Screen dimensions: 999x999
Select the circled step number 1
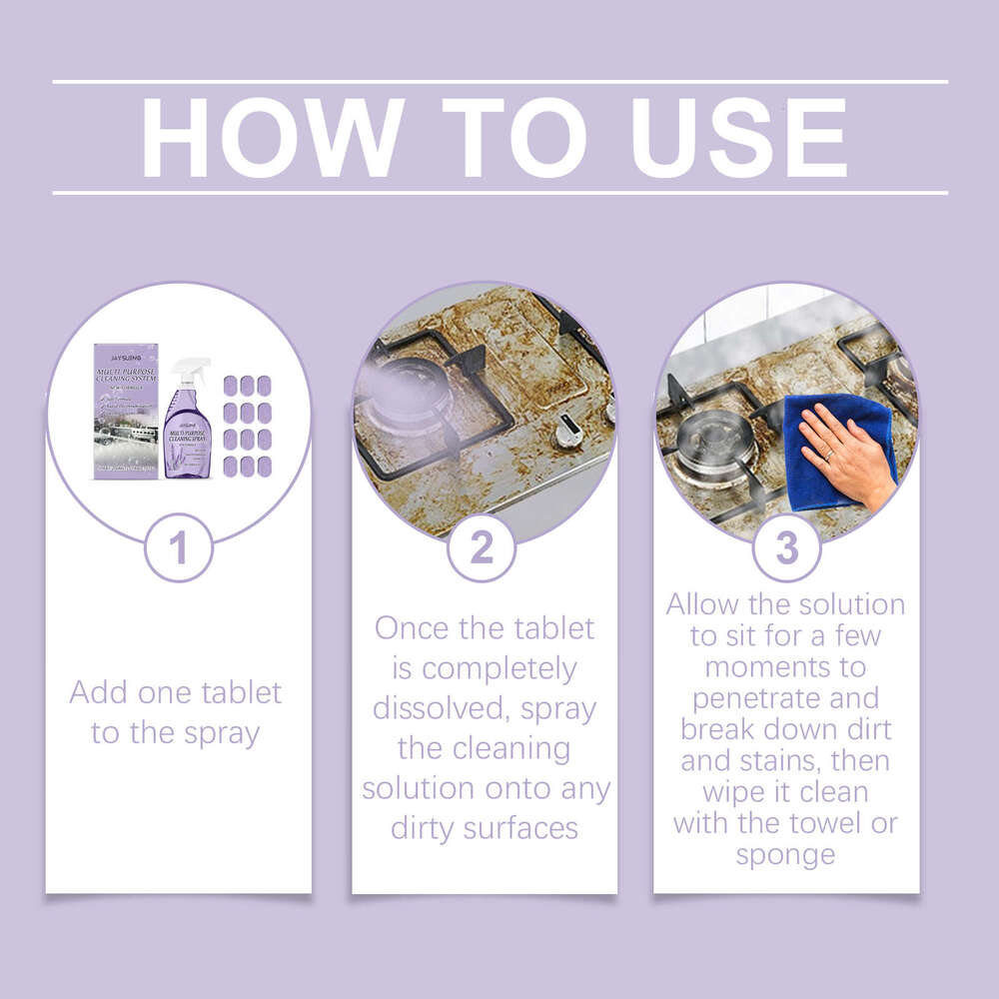pyautogui.click(x=179, y=548)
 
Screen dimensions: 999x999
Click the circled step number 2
pyautogui.click(x=482, y=548)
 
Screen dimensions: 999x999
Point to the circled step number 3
pyautogui.click(x=787, y=548)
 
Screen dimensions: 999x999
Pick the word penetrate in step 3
pyautogui.click(x=785, y=696)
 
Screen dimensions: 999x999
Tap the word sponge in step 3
pyautogui.click(x=785, y=855)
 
